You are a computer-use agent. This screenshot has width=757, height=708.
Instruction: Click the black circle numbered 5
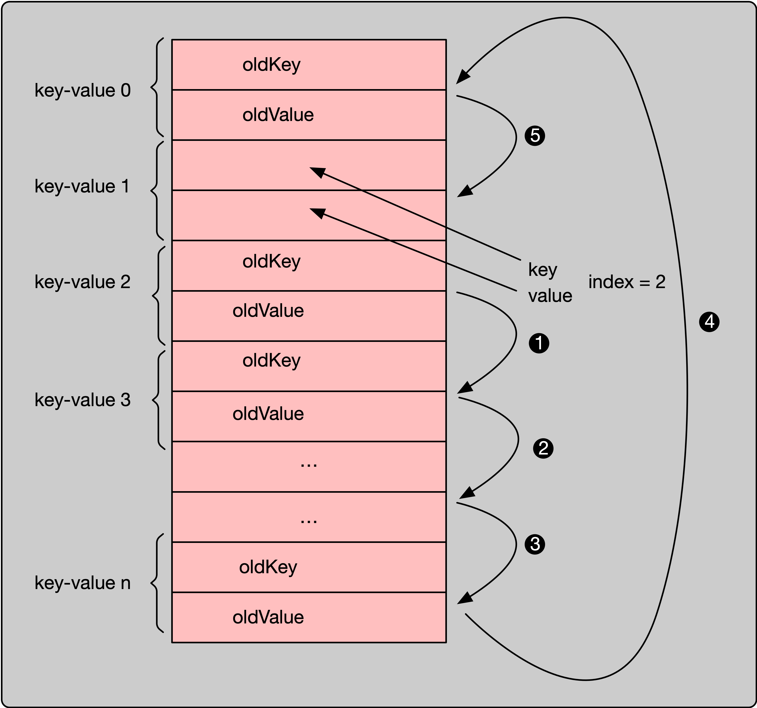click(x=535, y=135)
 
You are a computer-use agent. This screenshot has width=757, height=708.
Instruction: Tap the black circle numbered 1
click(x=539, y=343)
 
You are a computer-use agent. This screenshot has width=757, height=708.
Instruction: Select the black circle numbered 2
click(x=543, y=448)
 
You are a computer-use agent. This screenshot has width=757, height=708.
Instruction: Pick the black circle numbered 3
click(x=535, y=544)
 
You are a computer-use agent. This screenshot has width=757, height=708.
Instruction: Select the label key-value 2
click(x=83, y=282)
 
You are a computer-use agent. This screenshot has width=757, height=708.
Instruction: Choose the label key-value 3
click(x=83, y=400)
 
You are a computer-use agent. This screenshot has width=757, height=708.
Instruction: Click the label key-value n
click(x=83, y=583)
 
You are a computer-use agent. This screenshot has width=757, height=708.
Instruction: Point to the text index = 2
click(x=627, y=282)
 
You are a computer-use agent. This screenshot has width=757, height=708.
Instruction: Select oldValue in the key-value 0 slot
click(x=278, y=115)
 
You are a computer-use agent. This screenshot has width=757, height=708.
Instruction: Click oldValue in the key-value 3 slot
click(x=268, y=414)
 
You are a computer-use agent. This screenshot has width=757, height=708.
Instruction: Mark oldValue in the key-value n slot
click(x=268, y=617)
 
